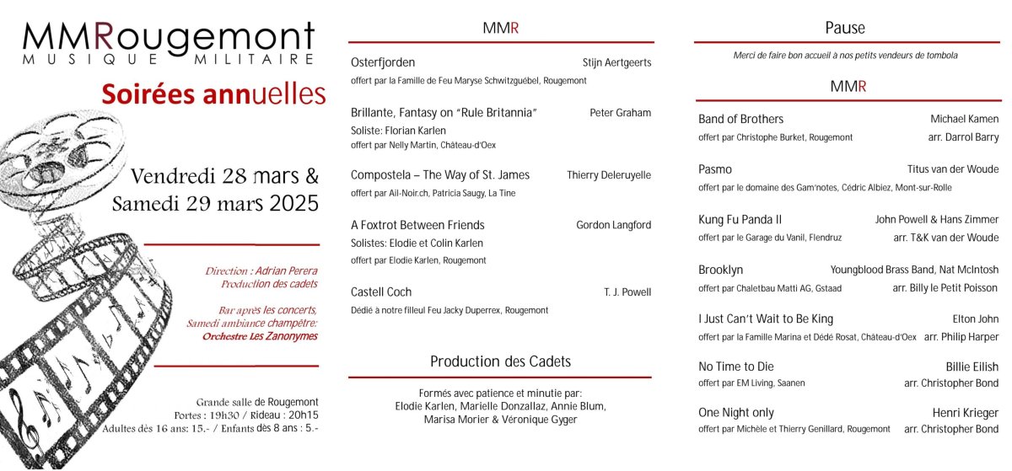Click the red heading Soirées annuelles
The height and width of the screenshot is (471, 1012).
(213, 94)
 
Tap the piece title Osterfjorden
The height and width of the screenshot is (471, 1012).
(383, 62)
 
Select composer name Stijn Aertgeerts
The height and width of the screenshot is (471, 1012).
(616, 62)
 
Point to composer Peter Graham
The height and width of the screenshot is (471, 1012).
(620, 113)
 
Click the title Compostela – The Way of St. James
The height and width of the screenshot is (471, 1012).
(440, 175)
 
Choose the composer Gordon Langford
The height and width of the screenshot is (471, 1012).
(613, 225)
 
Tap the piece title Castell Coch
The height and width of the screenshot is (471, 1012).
(381, 292)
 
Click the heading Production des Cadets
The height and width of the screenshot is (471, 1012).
(500, 361)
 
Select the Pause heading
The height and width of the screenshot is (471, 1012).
(845, 29)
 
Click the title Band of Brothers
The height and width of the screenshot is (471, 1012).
(740, 119)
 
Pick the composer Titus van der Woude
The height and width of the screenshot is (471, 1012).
(952, 169)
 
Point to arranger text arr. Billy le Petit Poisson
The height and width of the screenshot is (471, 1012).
(945, 288)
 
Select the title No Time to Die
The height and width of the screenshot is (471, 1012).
(735, 367)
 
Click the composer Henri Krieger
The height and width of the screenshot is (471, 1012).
(965, 413)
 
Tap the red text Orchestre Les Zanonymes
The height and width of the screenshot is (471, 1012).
(260, 336)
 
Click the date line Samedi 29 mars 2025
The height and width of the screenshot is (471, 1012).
(215, 203)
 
